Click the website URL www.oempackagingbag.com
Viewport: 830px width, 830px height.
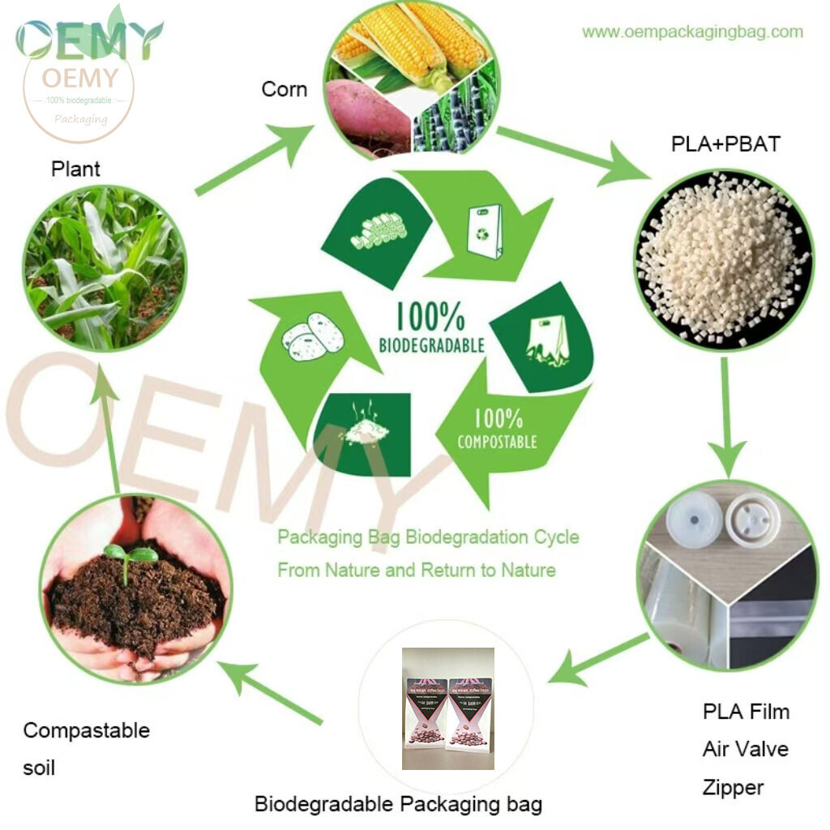point(692,32)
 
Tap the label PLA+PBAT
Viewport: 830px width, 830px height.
point(725,144)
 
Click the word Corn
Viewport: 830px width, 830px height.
point(284,88)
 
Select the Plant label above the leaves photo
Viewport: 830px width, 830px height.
point(75,169)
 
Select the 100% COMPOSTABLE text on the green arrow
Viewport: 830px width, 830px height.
point(498,429)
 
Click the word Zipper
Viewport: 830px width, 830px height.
point(733,787)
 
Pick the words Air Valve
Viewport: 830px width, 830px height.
point(745,749)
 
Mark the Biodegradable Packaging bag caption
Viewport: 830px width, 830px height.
point(398,805)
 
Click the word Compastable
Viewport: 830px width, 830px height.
point(86,730)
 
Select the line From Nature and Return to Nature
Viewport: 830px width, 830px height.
point(417,570)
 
